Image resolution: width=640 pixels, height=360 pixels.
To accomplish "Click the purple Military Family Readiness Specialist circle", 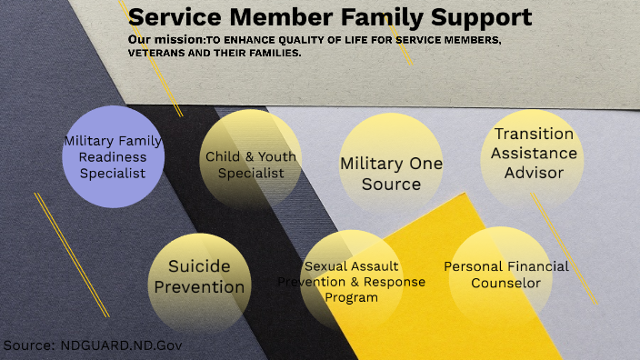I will point(113,156).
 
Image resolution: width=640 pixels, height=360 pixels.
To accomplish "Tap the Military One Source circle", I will point(391,173).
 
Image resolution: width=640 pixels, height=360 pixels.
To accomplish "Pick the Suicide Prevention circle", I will point(199,278).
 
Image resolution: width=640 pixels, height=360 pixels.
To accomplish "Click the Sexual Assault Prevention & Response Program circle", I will point(351,282).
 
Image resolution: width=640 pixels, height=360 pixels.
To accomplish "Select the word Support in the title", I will point(485,17).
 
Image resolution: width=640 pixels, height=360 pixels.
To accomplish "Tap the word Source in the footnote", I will point(28,346).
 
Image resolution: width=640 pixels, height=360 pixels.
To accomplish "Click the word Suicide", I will point(199,267).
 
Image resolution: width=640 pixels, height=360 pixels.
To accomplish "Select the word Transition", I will point(534,134).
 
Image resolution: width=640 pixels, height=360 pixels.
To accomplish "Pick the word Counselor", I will point(506,283).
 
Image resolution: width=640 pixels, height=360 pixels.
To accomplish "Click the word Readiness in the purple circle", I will point(113,157).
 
